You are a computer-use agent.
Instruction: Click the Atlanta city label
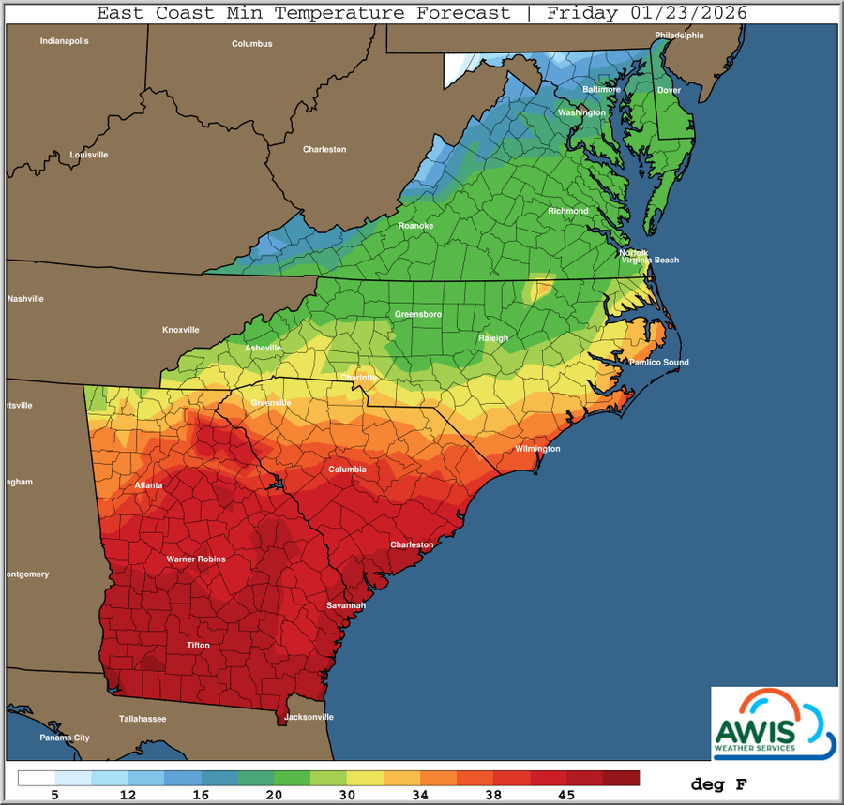[148, 485]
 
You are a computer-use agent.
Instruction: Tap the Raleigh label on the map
[492, 338]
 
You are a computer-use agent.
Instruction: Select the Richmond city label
[568, 211]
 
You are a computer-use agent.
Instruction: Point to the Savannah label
[345, 605]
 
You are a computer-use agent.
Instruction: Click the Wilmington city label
[537, 449]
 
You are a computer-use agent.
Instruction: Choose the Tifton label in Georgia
[198, 646]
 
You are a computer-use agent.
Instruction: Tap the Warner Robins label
[196, 559]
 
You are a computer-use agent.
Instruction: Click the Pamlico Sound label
[658, 362]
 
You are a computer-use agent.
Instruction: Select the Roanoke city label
[415, 226]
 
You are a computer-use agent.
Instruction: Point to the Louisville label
[89, 155]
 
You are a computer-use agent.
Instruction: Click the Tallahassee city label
[143, 719]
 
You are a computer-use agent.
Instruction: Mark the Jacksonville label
[309, 717]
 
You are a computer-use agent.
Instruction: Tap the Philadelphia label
[679, 36]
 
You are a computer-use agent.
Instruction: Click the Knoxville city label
[181, 330]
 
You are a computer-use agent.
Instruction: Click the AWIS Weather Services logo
[774, 722]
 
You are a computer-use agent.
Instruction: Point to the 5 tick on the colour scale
[54, 796]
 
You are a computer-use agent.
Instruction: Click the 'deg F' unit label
[719, 783]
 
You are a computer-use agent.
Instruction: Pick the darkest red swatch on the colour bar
[621, 778]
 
